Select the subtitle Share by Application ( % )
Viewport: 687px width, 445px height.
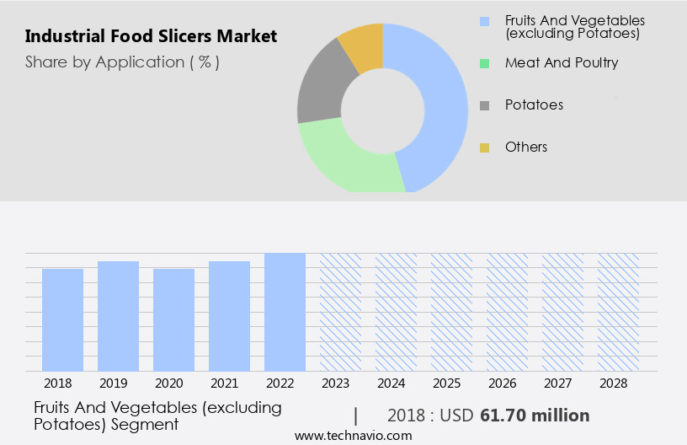point(122,62)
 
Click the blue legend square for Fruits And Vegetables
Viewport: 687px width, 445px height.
point(484,20)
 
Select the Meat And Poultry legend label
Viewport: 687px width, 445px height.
point(562,62)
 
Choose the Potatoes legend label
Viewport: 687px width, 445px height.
point(534,105)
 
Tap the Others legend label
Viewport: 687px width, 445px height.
point(526,147)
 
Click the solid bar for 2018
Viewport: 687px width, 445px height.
point(62,320)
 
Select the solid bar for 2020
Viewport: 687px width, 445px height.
point(173,320)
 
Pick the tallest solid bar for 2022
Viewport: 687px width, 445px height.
point(285,312)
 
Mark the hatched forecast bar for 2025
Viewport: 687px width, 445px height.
point(451,312)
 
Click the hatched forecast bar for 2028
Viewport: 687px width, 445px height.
point(618,312)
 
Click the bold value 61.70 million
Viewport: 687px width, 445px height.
point(535,416)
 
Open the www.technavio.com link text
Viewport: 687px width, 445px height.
point(354,436)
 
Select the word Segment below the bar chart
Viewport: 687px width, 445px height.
point(148,424)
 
